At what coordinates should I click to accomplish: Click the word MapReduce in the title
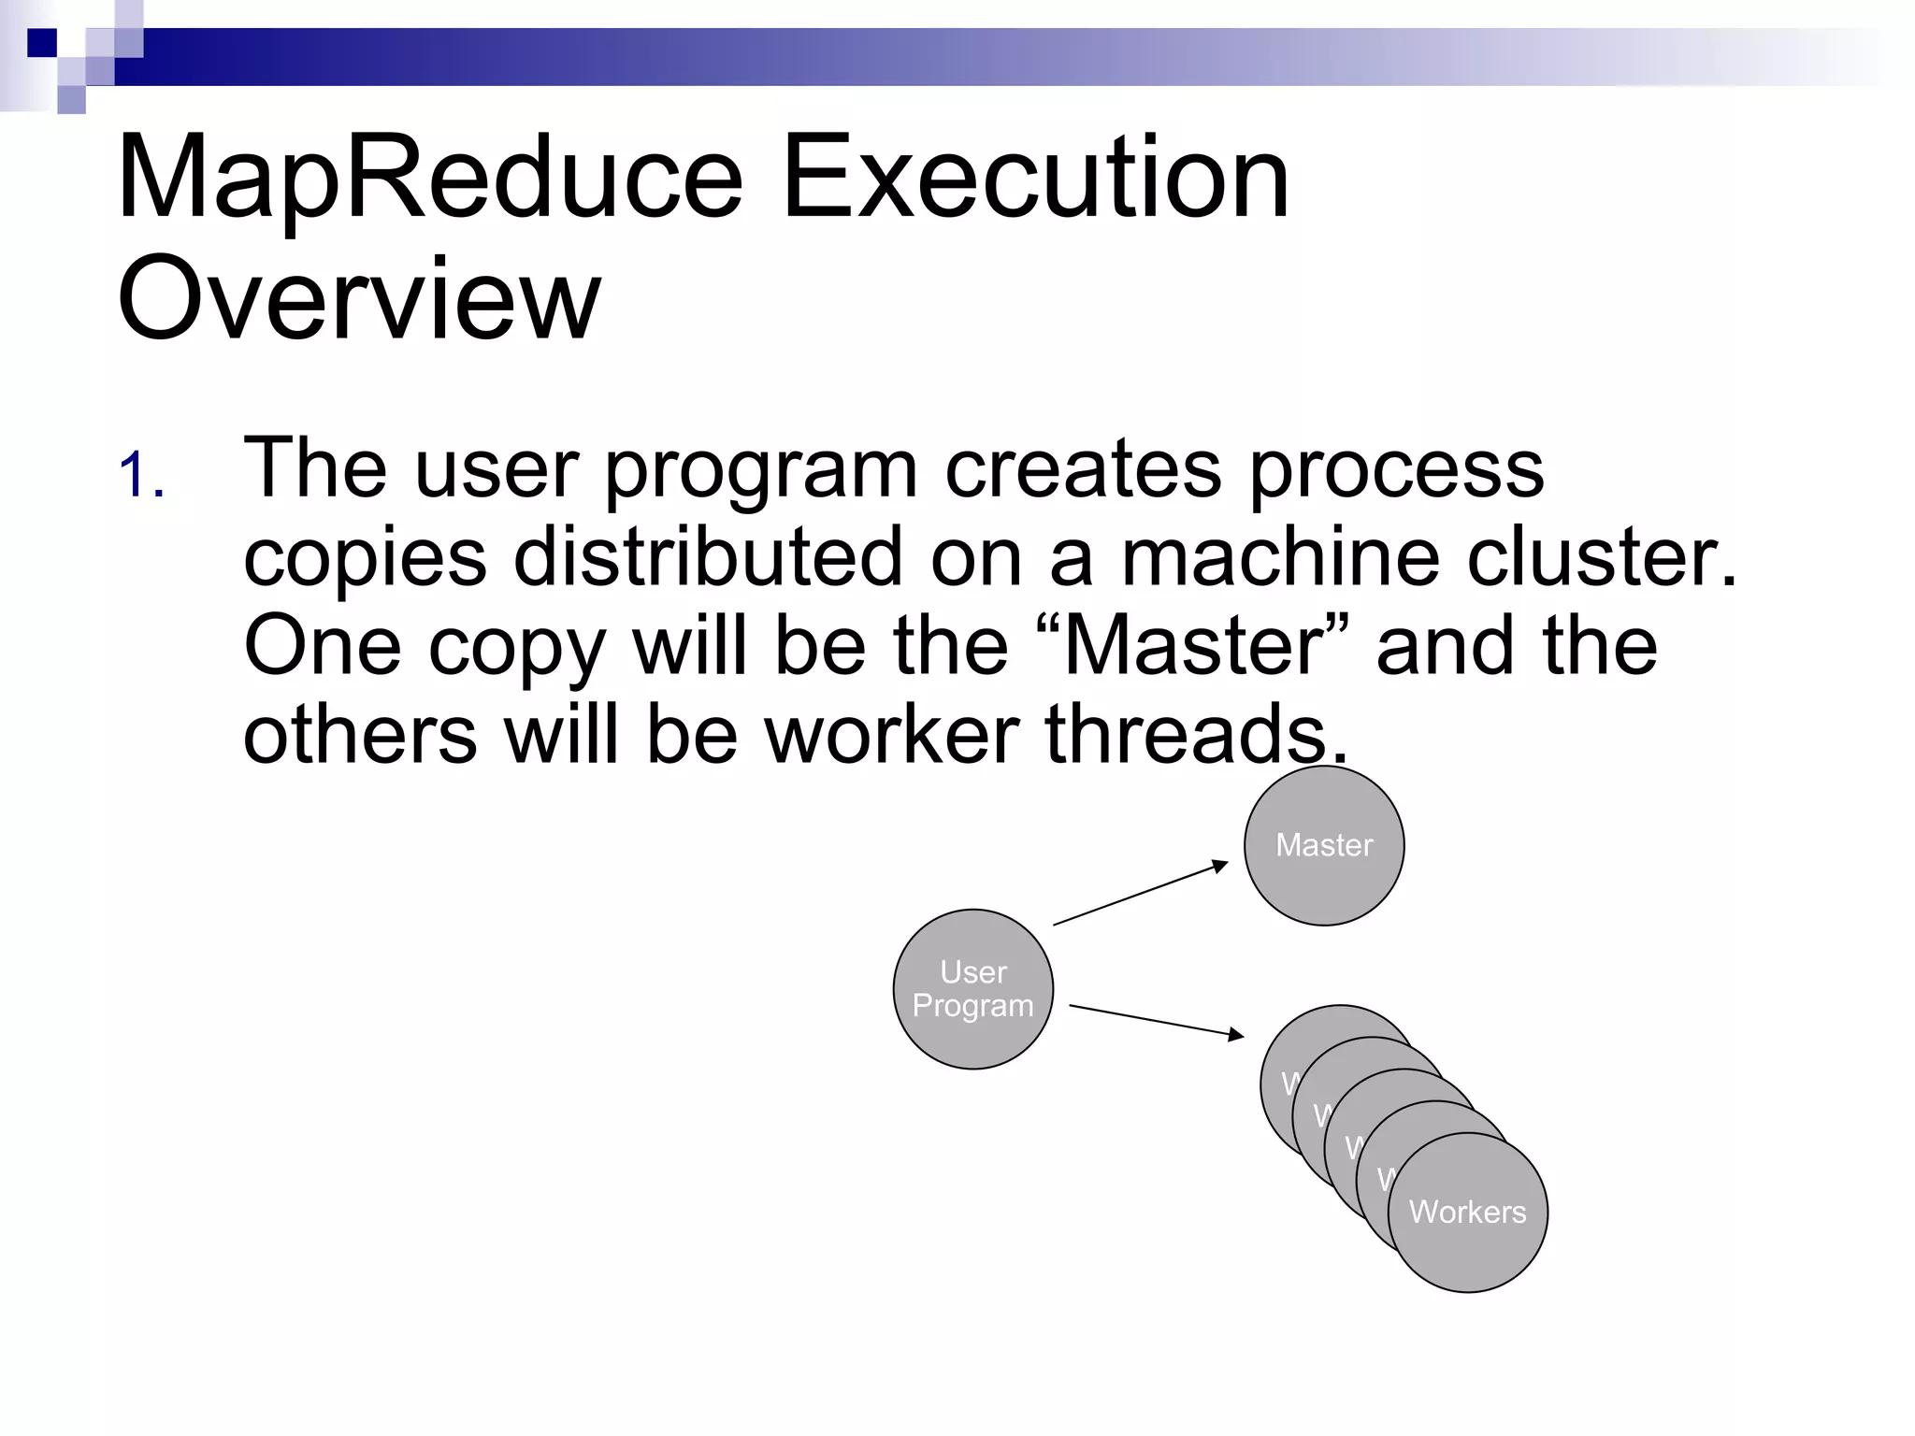click(430, 178)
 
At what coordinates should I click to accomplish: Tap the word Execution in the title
click(1035, 178)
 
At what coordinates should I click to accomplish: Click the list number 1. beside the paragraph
click(142, 475)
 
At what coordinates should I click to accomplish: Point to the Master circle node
click(1323, 845)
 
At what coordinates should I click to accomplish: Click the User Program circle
click(972, 989)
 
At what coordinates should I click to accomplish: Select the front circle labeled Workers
click(1467, 1213)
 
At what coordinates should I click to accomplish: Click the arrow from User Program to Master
click(1141, 894)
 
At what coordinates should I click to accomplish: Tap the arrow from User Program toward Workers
click(1156, 1020)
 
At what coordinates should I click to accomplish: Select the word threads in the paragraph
click(1197, 736)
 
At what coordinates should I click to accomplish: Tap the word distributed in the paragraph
click(708, 558)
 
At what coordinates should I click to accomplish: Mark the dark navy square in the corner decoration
click(41, 43)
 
